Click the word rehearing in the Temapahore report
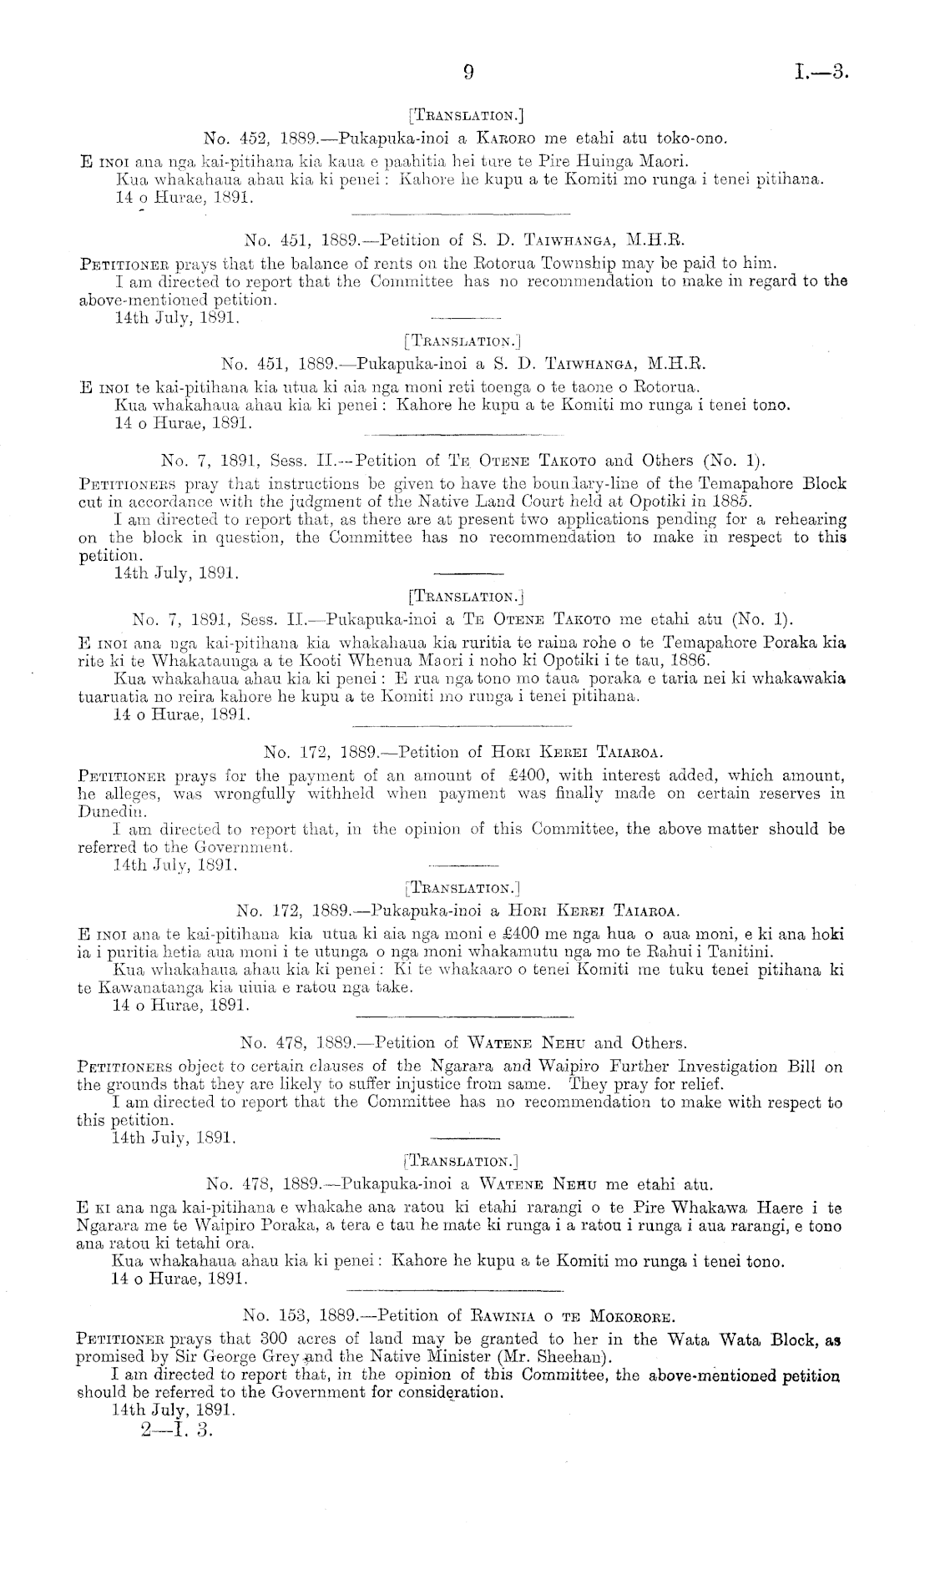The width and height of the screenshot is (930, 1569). (808, 519)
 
